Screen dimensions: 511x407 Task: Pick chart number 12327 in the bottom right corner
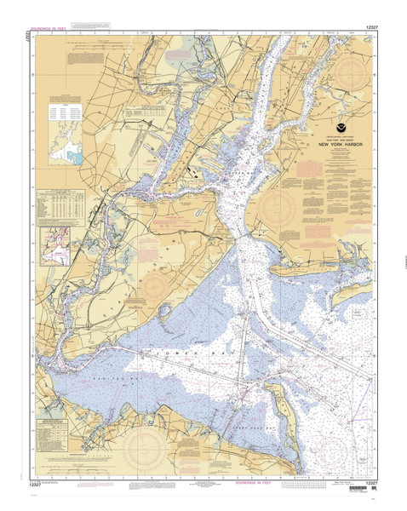pyautogui.click(x=369, y=483)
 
